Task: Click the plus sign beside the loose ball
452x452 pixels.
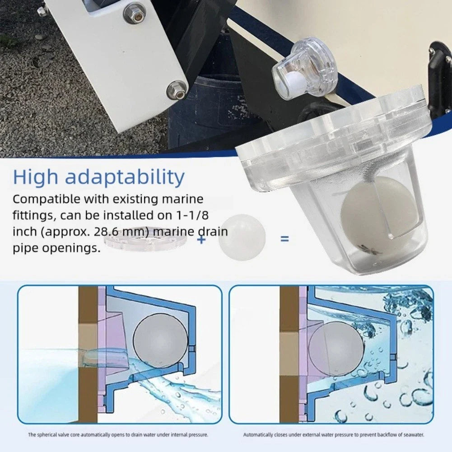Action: point(201,239)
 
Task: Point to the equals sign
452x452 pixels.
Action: point(284,238)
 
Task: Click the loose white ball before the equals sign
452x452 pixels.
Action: point(242,238)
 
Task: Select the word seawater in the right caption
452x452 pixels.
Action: point(414,435)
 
